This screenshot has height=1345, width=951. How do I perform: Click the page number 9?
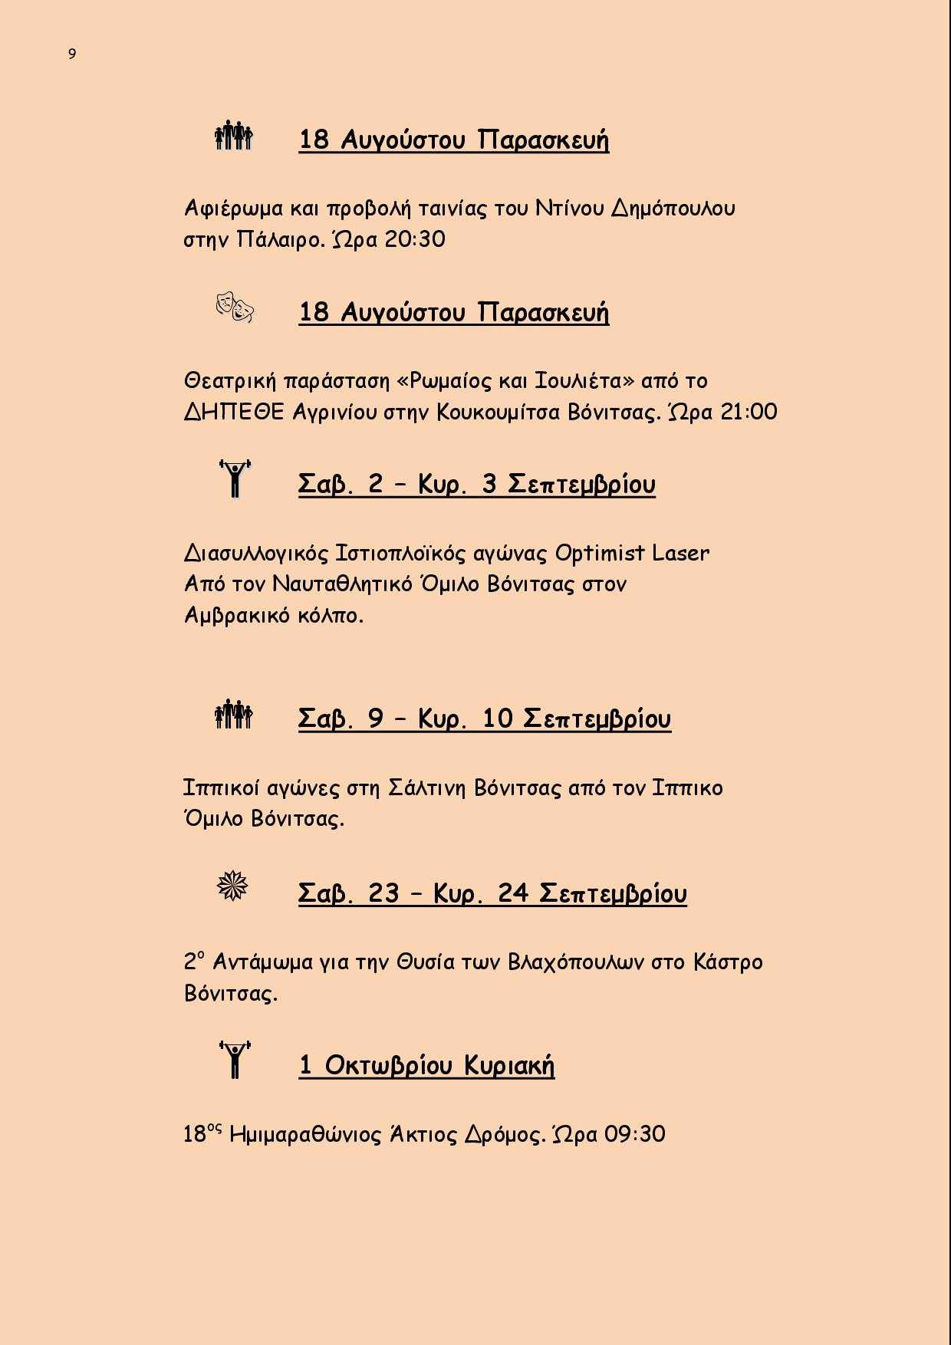tap(72, 54)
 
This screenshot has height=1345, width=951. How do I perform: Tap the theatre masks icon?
tap(235, 307)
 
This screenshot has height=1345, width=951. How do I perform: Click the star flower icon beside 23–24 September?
tap(233, 887)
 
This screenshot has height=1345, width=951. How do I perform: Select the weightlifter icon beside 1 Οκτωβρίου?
tap(235, 1060)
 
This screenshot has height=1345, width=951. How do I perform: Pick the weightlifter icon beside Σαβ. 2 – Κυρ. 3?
tap(235, 478)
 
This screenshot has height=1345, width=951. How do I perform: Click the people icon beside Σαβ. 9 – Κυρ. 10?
tap(234, 715)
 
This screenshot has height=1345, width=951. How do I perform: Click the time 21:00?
tap(749, 412)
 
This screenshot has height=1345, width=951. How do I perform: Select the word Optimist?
tap(600, 553)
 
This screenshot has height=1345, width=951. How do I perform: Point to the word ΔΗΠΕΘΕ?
tap(234, 412)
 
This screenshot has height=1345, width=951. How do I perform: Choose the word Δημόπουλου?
tap(673, 209)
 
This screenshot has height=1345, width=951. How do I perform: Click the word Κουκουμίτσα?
tap(499, 412)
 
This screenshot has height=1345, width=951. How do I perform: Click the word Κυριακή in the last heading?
tap(508, 1065)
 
